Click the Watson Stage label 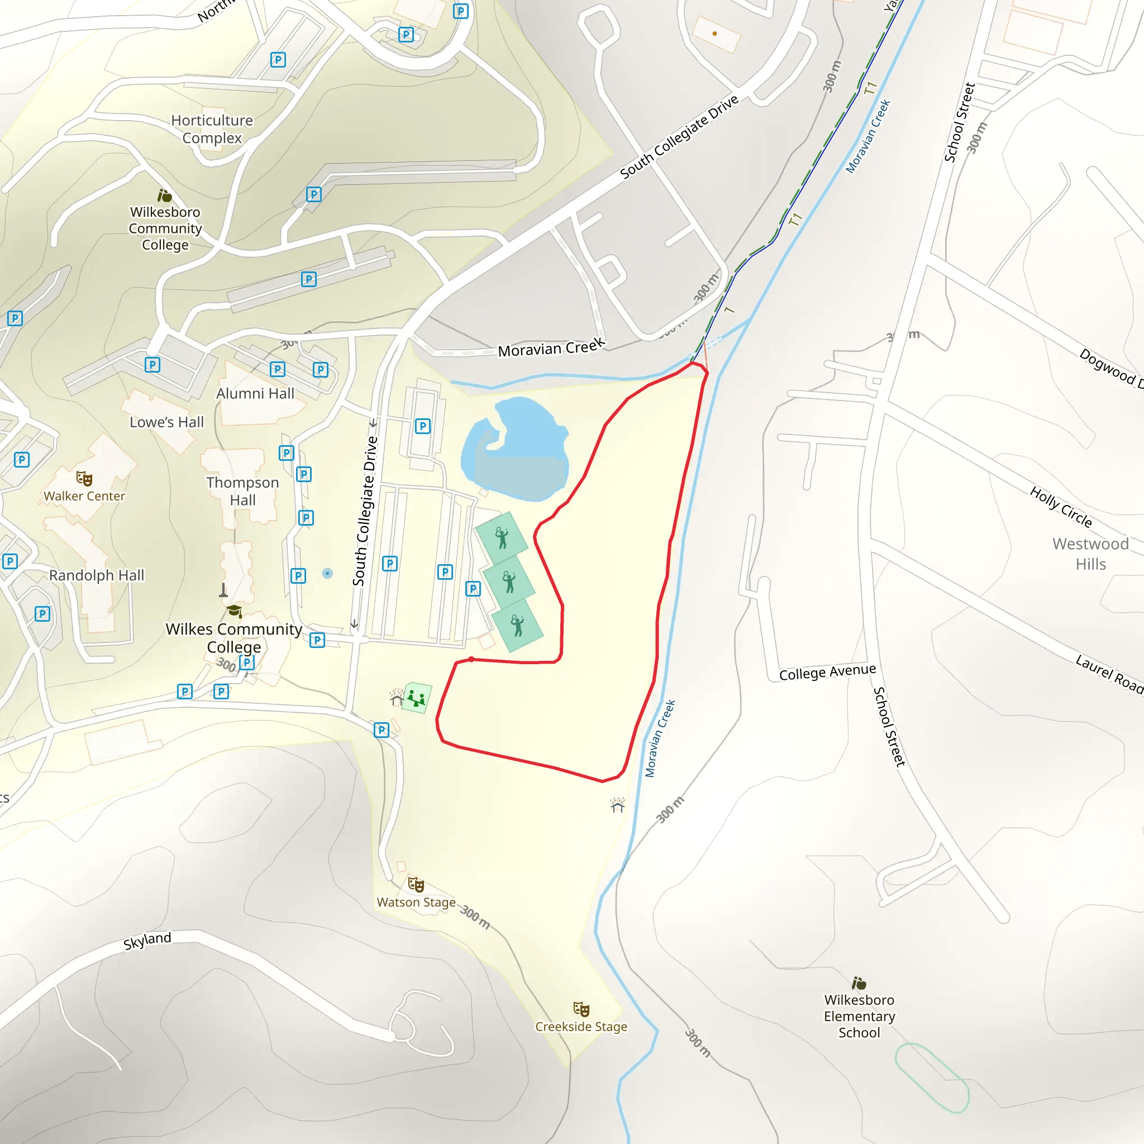tap(416, 903)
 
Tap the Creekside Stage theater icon tap(581, 1008)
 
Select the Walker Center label tap(84, 496)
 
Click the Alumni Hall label tap(255, 394)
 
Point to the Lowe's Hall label tap(166, 422)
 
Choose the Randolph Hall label tap(97, 575)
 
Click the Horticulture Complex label tap(212, 129)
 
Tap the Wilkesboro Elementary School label tap(859, 1016)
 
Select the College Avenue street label tap(827, 672)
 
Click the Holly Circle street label tap(1061, 506)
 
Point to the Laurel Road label tap(1109, 674)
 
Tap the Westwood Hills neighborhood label tap(1090, 554)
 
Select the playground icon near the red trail tap(416, 698)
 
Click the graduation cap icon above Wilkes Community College tap(235, 611)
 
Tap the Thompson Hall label tap(242, 491)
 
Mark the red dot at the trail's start tap(471, 659)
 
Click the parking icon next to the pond tap(422, 426)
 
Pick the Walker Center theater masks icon tap(84, 478)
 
